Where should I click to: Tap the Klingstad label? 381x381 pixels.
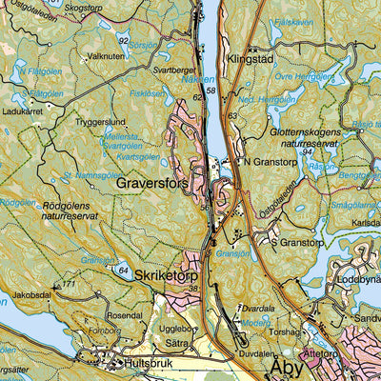click(x=251, y=58)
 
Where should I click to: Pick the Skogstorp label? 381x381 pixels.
click(x=84, y=7)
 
